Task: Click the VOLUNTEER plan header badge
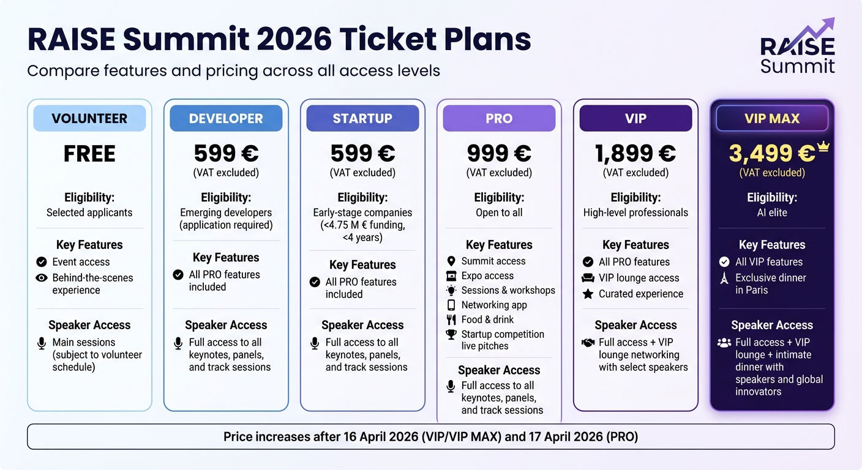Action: coord(89,119)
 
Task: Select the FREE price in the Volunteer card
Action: coord(89,154)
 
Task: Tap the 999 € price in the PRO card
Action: coord(499,154)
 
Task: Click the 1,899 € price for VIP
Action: coord(635,154)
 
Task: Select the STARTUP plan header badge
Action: coord(362,119)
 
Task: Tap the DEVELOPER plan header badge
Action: coord(226,119)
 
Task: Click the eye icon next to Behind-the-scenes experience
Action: coord(42,278)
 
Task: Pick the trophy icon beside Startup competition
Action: coord(451,334)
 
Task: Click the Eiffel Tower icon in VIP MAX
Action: coord(724,278)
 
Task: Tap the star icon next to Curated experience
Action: coord(588,294)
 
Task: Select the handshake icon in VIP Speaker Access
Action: coord(588,343)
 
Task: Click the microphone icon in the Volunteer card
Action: coord(42,343)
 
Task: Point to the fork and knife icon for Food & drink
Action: coord(451,319)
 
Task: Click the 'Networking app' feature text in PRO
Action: coord(494,305)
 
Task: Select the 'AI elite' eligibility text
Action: coord(771,212)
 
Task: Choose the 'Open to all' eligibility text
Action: coord(499,212)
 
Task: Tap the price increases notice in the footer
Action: coord(430,437)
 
